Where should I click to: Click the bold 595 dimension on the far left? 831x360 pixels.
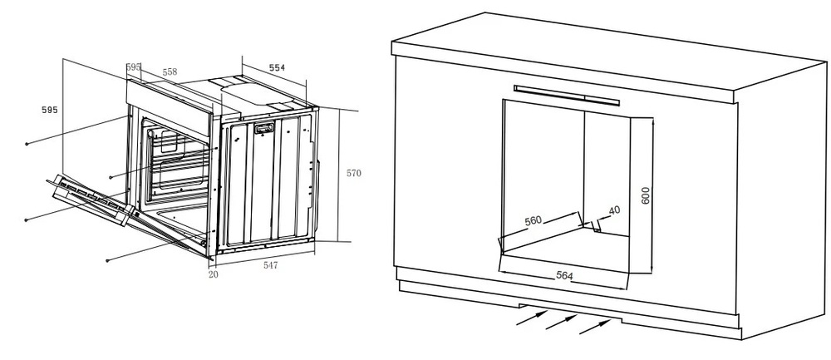49,110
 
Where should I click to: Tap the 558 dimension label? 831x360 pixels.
170,72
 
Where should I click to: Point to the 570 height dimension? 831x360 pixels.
354,173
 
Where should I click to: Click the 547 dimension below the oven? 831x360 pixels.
271,265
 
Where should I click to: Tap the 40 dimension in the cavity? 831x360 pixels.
614,210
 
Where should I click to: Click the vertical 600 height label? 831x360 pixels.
646,196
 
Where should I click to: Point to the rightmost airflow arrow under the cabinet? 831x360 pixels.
593,326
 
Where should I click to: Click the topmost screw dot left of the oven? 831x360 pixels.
27,144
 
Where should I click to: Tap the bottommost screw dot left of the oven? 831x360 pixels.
109,260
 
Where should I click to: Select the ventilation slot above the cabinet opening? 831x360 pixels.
567,94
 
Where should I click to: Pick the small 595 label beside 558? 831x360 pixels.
133,67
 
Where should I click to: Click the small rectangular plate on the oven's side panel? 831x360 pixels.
265,128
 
